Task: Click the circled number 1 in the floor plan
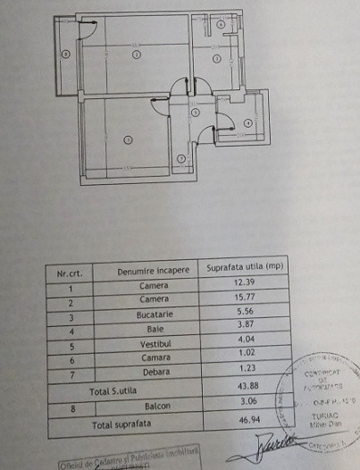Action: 128,139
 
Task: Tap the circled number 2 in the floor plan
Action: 136,55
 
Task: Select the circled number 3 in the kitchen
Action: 215,60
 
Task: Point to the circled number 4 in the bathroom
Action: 247,123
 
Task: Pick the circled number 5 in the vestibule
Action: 196,112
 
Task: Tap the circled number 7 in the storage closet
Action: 180,159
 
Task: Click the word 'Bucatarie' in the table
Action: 154,315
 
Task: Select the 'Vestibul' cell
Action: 154,344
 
